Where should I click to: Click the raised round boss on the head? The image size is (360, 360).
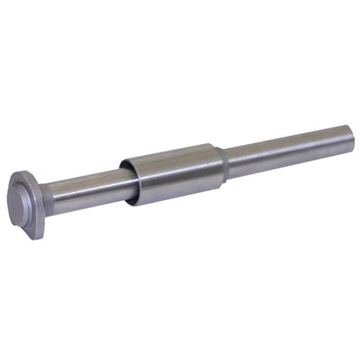coord(22,201)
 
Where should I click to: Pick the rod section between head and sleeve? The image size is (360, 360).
coord(86,190)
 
